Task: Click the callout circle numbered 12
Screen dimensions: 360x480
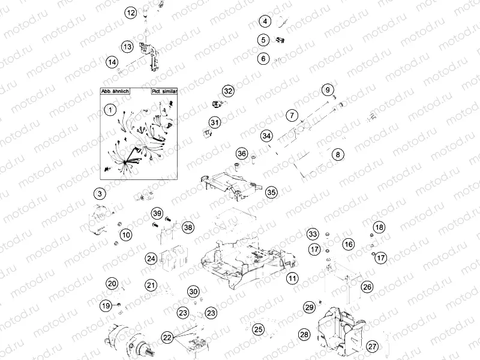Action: pos(131,12)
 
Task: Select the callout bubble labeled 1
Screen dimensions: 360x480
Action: pos(109,109)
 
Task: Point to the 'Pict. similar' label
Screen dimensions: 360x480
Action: pos(163,92)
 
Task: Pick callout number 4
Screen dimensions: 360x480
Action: pos(264,22)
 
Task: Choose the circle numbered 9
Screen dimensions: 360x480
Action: pos(328,90)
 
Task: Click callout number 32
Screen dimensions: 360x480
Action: pos(228,91)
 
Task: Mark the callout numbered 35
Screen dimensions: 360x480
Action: pos(272,192)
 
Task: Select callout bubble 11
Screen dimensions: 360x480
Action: pos(292,278)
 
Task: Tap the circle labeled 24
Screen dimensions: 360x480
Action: pos(151,259)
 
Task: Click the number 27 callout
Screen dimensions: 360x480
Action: pos(373,346)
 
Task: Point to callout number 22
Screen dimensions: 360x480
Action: pos(167,338)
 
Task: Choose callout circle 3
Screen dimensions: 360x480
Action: pos(100,193)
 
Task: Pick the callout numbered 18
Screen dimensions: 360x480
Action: pos(379,227)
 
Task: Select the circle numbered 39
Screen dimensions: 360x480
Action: pos(157,214)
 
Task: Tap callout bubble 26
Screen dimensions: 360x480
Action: pos(367,287)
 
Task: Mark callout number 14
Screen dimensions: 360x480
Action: pos(112,62)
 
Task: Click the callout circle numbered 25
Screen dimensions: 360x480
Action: pos(258,329)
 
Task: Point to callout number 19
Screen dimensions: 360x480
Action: pos(106,306)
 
